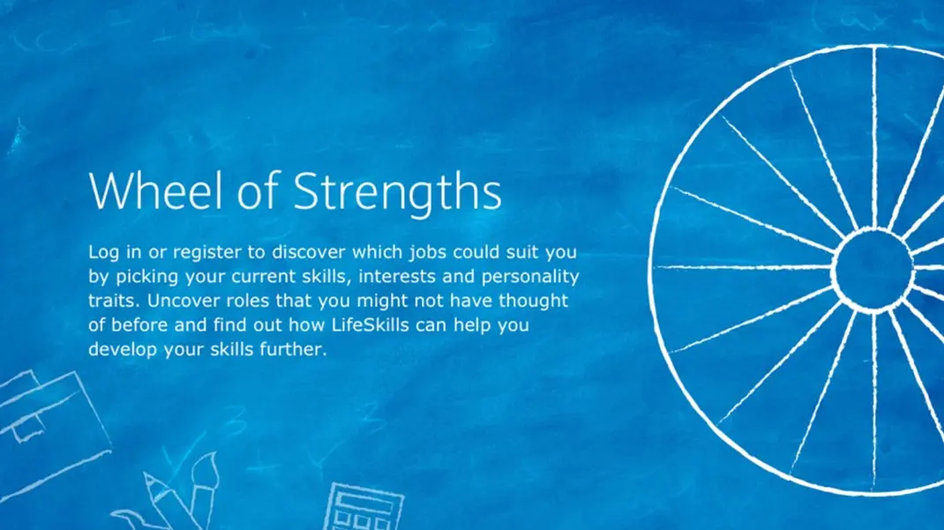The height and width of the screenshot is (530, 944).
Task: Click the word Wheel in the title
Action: (x=158, y=190)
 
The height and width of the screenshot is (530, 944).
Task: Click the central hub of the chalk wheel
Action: (x=873, y=270)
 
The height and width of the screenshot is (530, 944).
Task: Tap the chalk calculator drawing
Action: (x=363, y=506)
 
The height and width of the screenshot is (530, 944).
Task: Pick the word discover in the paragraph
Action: (x=308, y=252)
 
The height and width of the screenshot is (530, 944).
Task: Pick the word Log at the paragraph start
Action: (x=103, y=253)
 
